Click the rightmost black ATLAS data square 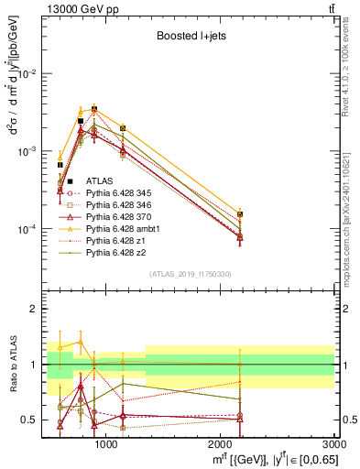pyautogui.click(x=240, y=214)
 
